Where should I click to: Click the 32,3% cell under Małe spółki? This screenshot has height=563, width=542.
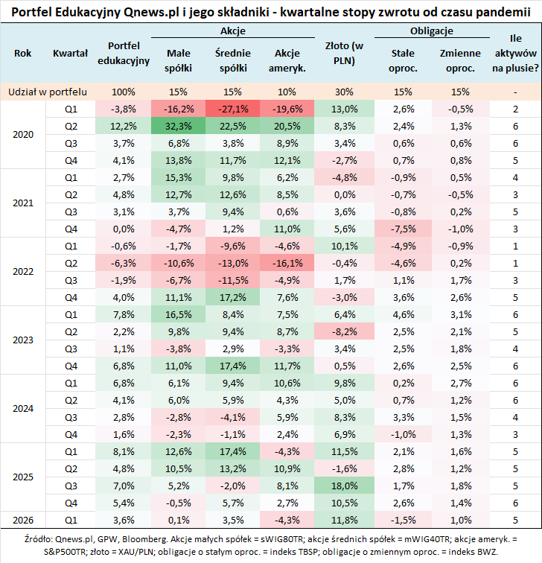179,126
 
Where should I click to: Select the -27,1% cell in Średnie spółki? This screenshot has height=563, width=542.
233,109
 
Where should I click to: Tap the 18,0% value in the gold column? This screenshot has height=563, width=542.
344,485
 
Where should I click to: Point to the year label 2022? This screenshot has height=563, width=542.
23,272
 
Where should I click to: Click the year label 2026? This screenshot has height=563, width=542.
23,519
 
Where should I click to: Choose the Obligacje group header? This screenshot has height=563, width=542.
432,32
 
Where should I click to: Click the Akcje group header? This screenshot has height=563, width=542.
233,32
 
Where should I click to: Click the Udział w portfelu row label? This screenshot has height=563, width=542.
47,92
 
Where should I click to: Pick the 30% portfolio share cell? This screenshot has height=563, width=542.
344,92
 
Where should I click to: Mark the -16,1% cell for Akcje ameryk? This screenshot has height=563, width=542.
287,263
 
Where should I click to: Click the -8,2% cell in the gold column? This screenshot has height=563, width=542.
344,331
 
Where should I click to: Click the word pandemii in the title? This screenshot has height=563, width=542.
499,11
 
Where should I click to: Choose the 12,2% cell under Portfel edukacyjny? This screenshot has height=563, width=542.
124,126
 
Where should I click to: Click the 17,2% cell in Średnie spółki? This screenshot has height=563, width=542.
233,297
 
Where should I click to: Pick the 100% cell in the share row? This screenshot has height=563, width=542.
124,92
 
